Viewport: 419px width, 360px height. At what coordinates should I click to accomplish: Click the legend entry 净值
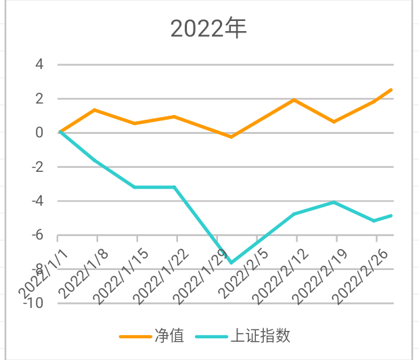click(153, 336)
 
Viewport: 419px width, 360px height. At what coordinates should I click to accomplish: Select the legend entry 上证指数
click(246, 336)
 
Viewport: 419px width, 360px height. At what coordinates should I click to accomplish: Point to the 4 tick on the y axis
click(39, 65)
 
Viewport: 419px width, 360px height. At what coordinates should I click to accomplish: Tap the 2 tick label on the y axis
click(39, 99)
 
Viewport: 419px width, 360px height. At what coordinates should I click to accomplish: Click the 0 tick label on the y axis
click(39, 133)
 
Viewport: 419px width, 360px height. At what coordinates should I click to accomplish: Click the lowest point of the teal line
click(231, 263)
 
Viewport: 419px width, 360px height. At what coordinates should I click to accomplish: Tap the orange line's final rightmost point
click(391, 89)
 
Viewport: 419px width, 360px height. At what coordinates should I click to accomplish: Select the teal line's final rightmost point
click(391, 215)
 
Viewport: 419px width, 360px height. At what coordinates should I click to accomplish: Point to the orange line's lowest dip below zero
click(231, 137)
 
